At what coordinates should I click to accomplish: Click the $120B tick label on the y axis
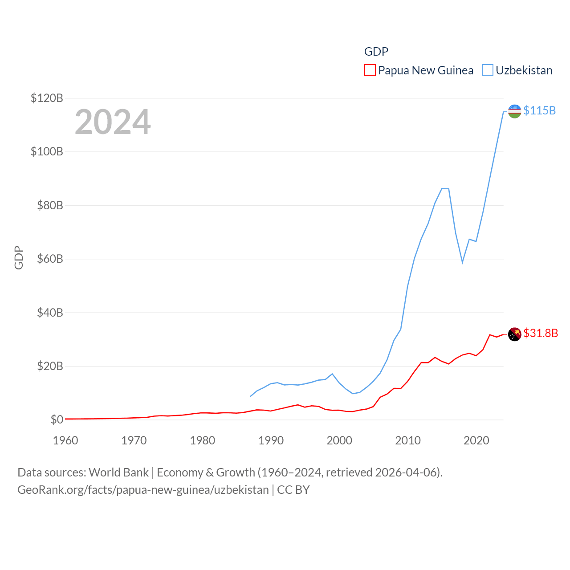pos(47,98)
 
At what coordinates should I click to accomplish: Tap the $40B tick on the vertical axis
pos(50,313)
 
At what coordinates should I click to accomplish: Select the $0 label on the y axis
pos(57,419)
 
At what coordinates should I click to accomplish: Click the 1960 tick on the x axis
pos(65,440)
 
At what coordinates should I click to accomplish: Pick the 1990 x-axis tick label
pos(271,440)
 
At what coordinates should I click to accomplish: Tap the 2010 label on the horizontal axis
pos(408,440)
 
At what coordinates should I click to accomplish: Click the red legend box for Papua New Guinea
pos(370,70)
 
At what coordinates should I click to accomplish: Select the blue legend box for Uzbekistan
pos(488,70)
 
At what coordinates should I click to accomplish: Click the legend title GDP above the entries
pos(376,52)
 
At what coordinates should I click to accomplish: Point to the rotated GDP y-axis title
pos(19,257)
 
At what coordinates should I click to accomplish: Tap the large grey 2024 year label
pos(113,122)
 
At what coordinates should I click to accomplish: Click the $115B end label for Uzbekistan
pos(539,110)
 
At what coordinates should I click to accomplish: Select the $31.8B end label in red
pos(541,333)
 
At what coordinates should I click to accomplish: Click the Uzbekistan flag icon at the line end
pos(514,111)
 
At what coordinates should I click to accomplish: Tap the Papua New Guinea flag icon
pos(514,334)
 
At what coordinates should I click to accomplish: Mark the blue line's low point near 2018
pos(462,262)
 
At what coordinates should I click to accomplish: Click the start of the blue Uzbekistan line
pos(250,396)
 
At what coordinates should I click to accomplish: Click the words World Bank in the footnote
pos(119,472)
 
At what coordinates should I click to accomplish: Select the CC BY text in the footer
pos(293,490)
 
